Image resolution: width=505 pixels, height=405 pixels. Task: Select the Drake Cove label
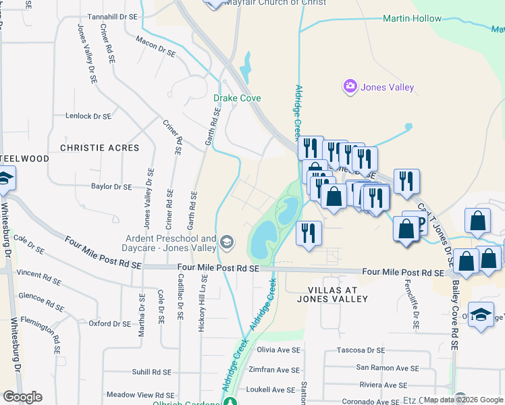(x=237, y=98)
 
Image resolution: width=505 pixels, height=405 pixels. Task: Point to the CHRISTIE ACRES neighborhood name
(x=99, y=148)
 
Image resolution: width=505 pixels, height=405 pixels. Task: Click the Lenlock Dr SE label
(x=88, y=116)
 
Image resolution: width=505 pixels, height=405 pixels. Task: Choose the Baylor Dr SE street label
(x=111, y=186)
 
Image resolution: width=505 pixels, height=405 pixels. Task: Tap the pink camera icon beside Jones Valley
(x=350, y=87)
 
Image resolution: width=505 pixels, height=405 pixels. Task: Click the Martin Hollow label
(x=412, y=18)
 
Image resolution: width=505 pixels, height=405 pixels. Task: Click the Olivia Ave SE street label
(x=277, y=350)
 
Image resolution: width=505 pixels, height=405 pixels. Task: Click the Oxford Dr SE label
(x=109, y=324)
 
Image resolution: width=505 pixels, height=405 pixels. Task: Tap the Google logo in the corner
(x=22, y=397)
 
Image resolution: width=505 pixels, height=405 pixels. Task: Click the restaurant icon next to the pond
(x=309, y=234)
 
